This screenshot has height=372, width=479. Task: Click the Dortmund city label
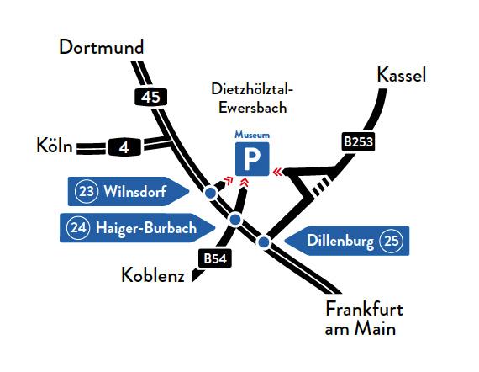click(x=101, y=47)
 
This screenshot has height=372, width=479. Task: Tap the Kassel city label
click(x=402, y=75)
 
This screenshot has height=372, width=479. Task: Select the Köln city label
click(x=55, y=146)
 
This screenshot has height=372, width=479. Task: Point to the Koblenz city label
click(x=153, y=275)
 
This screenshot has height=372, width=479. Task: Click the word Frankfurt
click(x=365, y=309)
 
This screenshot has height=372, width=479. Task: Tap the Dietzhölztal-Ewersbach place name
click(x=252, y=98)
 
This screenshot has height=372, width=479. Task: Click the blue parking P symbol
click(x=252, y=159)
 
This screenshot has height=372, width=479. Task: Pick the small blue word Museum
click(x=252, y=135)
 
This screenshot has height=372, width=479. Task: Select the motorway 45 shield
click(x=151, y=98)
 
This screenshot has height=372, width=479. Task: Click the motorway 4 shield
click(x=124, y=147)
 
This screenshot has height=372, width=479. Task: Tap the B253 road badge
click(x=358, y=141)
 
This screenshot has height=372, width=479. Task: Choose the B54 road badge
click(x=215, y=258)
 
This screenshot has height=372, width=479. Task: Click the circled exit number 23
click(x=87, y=192)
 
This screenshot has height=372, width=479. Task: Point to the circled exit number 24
click(x=78, y=228)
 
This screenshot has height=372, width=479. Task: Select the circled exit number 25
click(x=391, y=241)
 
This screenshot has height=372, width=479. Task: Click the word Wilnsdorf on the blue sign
click(x=135, y=192)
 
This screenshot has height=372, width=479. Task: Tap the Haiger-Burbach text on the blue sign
click(x=146, y=228)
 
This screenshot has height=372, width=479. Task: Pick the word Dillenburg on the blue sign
click(x=340, y=241)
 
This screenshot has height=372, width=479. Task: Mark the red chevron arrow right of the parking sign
click(x=277, y=172)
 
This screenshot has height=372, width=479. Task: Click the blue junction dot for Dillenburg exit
click(x=264, y=242)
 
